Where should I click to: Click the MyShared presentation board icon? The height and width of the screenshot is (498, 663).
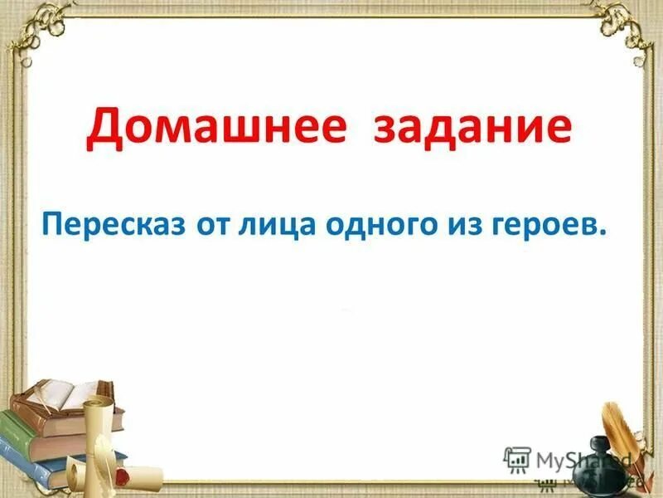point(517,460)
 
